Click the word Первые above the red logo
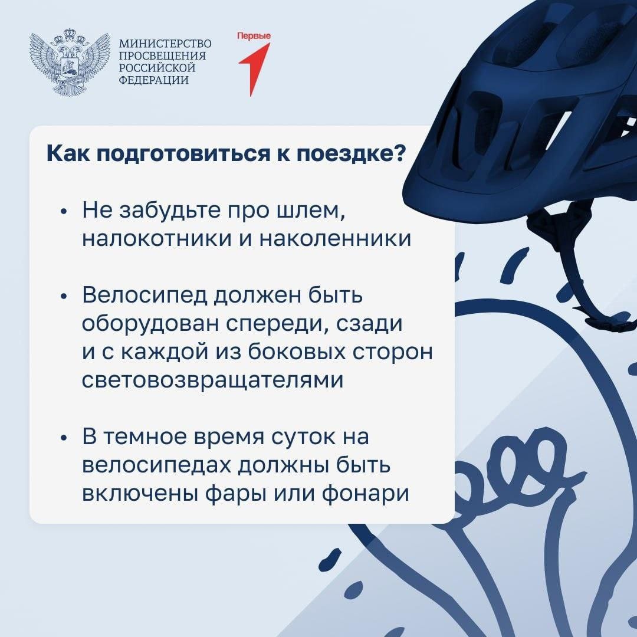click(x=254, y=36)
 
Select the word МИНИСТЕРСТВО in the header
click(x=165, y=44)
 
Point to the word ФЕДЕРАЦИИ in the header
click(x=153, y=80)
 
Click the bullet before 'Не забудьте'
click(x=63, y=212)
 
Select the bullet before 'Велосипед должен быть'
click(x=63, y=297)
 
